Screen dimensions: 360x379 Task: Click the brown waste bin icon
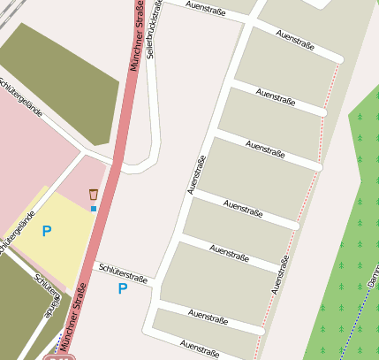click(93, 194)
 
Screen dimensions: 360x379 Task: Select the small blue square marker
click(94, 209)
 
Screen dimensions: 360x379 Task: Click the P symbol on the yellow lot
click(47, 231)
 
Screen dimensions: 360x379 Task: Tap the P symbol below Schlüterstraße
click(123, 288)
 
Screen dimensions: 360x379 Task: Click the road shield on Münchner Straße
click(58, 356)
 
